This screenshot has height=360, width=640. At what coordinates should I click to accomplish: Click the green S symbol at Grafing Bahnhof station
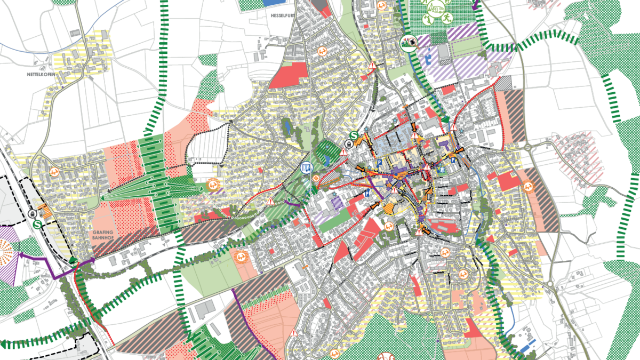click(37, 225)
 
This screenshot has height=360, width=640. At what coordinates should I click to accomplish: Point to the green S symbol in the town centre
click(354, 135)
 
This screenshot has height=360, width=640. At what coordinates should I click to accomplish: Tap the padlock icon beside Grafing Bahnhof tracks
click(33, 214)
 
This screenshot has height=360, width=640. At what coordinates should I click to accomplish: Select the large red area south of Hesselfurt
click(290, 75)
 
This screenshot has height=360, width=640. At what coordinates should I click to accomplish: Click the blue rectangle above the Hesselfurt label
click(275, 3)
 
